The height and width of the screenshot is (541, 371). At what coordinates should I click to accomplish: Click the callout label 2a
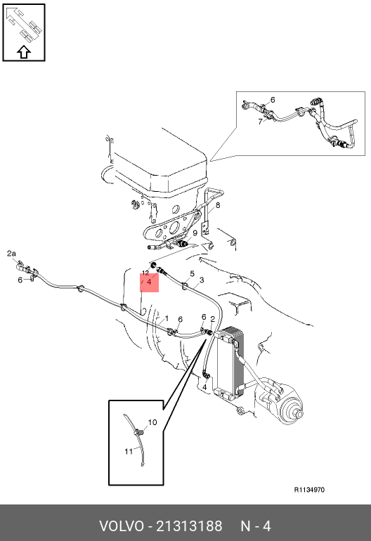point(11,254)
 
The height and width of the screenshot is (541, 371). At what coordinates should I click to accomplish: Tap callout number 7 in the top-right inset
point(260,122)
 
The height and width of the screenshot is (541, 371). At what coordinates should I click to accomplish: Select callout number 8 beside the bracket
point(218,205)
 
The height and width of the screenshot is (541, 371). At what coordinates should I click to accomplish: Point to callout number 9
point(195,233)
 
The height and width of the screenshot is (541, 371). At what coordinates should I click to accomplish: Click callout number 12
point(145,273)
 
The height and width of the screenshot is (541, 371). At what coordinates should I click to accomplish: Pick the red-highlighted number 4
point(149,282)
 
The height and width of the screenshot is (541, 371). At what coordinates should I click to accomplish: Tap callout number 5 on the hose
point(193,274)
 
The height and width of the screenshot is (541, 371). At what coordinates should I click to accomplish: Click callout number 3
point(202,280)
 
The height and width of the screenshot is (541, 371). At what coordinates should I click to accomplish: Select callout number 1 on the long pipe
point(167,318)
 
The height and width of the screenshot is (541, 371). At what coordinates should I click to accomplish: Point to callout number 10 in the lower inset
point(152,422)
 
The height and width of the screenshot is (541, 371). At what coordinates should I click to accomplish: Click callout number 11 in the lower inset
point(129,451)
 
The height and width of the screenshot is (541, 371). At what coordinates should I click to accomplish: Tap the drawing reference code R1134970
point(309,490)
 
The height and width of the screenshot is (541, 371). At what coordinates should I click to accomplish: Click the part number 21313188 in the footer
point(190,526)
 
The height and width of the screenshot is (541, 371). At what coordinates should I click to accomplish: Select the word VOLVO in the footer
point(121,526)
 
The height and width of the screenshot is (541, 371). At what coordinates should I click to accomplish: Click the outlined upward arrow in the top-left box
point(24,52)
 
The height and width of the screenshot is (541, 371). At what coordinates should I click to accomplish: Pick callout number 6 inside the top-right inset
point(273,100)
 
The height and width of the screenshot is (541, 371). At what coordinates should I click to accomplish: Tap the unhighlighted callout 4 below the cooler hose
point(204,387)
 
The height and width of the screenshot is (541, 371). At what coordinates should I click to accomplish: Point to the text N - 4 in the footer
point(255,526)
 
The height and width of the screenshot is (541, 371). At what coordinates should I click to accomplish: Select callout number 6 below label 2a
point(20,280)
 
